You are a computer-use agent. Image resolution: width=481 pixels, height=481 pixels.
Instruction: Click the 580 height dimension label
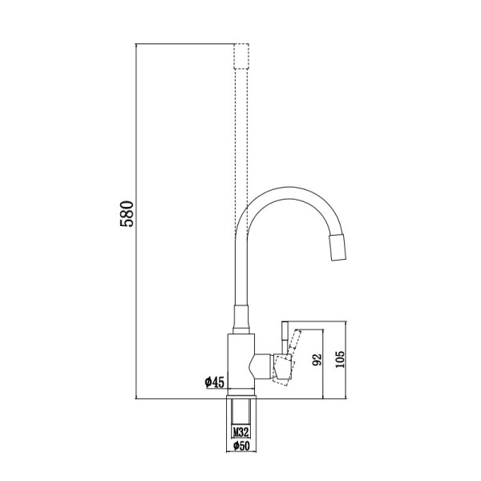tap(127, 214)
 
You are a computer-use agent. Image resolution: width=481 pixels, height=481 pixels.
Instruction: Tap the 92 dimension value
tap(317, 360)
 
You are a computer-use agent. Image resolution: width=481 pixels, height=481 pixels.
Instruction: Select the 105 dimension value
tap(340, 359)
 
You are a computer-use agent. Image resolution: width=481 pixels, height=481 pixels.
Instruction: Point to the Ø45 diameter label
tap(215, 382)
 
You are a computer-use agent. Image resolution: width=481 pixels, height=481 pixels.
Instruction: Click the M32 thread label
tap(240, 432)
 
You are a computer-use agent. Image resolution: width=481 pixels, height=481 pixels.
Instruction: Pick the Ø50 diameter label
tap(241, 446)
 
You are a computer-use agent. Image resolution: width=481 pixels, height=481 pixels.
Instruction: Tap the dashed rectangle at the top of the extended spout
tap(241, 56)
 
